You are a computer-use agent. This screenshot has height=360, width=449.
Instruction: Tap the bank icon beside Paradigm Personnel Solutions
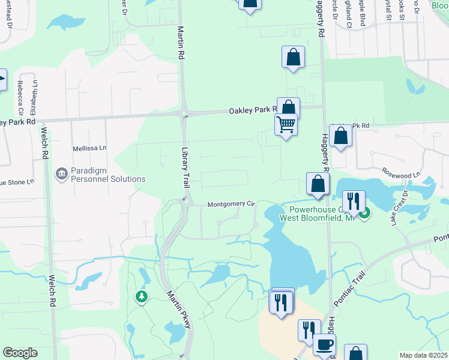[x=62, y=175]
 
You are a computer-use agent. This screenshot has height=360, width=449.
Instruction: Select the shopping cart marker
[x=286, y=125]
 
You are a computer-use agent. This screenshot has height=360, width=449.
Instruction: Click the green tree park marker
[x=142, y=296]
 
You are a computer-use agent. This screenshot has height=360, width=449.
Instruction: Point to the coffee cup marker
[x=324, y=345]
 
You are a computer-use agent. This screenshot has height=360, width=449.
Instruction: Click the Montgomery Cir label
[x=232, y=204]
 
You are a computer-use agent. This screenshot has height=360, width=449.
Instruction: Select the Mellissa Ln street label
[x=89, y=147]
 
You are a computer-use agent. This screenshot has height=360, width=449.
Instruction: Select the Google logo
[x=20, y=353]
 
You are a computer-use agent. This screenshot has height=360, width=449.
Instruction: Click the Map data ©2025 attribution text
[x=423, y=355]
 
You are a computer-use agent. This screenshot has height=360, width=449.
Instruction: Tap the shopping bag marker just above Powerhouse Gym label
[x=317, y=184]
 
